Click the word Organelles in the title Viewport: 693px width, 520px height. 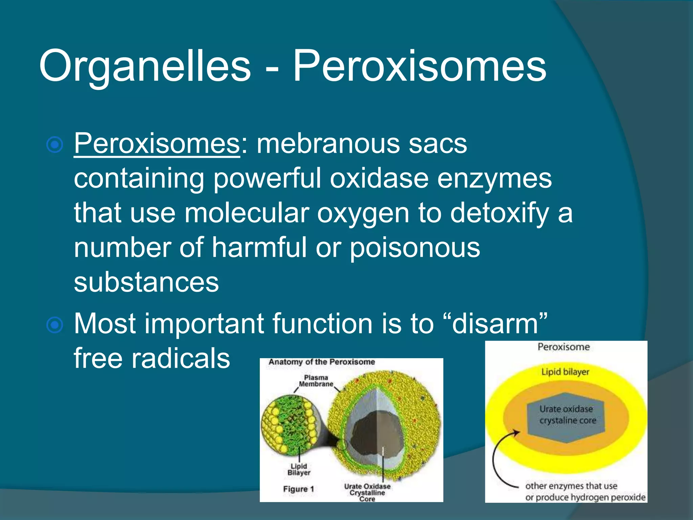(145, 66)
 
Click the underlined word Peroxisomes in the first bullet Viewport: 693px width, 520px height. (157, 144)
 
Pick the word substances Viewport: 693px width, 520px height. (146, 282)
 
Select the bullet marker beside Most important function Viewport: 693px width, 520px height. (55, 325)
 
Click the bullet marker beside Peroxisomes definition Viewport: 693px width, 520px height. (55, 145)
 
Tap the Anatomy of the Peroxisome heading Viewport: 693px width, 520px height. (321, 362)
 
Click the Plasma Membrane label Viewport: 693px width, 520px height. (316, 381)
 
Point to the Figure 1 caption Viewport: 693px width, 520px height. (298, 489)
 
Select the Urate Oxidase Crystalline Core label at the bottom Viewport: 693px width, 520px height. (367, 493)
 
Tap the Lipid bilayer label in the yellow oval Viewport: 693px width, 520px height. (565, 372)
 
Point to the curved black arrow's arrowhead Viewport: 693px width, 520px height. (516, 432)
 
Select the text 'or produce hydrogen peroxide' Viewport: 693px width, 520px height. (585, 497)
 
